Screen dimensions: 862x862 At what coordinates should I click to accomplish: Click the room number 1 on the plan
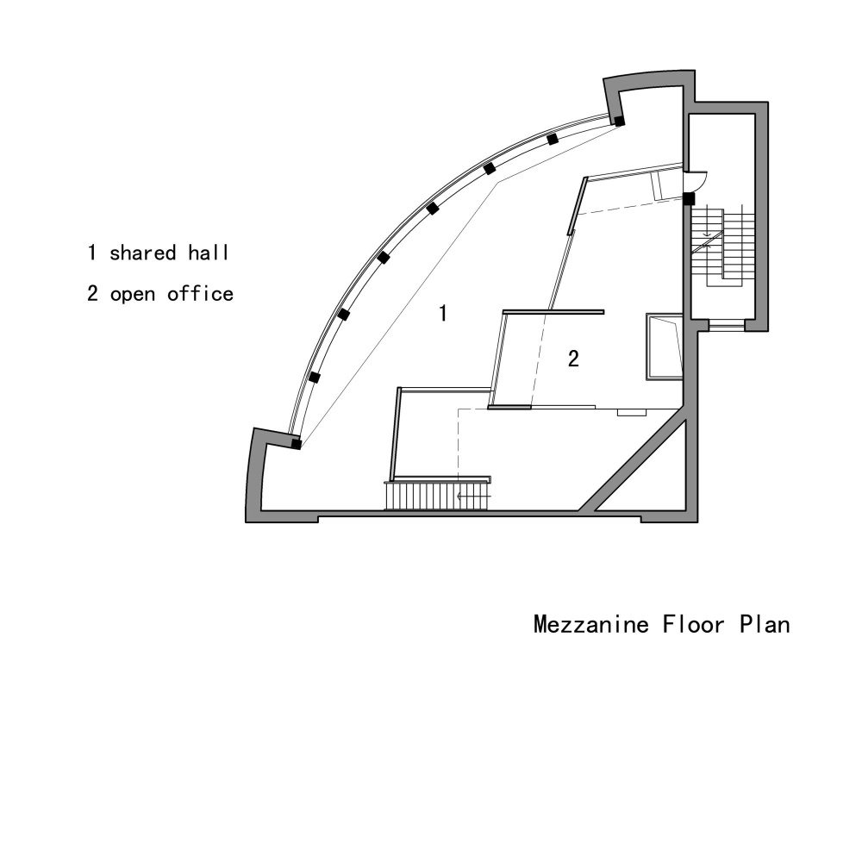(x=443, y=314)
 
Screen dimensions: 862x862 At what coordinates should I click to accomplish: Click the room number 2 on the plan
(x=573, y=359)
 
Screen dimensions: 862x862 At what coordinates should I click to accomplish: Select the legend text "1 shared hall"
(x=158, y=253)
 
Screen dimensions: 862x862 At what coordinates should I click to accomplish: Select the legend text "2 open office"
(x=160, y=294)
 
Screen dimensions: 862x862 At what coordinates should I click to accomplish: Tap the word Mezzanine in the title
(x=591, y=624)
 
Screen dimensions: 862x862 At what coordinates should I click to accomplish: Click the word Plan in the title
(x=765, y=624)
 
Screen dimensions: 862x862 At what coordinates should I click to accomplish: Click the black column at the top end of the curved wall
(x=620, y=121)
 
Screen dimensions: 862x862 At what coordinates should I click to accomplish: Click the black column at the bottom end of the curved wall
(x=296, y=443)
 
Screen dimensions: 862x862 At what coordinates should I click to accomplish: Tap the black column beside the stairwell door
(x=689, y=198)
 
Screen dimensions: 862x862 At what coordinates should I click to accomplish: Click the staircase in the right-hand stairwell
(x=722, y=246)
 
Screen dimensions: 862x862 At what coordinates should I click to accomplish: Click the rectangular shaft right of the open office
(x=665, y=347)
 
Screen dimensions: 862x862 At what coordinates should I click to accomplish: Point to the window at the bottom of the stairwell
(x=727, y=326)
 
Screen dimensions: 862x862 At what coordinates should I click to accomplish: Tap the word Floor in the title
(x=694, y=624)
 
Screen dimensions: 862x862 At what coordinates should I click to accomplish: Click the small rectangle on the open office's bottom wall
(x=632, y=412)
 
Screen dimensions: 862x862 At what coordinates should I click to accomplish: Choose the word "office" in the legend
(x=201, y=294)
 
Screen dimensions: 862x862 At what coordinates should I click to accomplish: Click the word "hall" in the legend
(x=209, y=253)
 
